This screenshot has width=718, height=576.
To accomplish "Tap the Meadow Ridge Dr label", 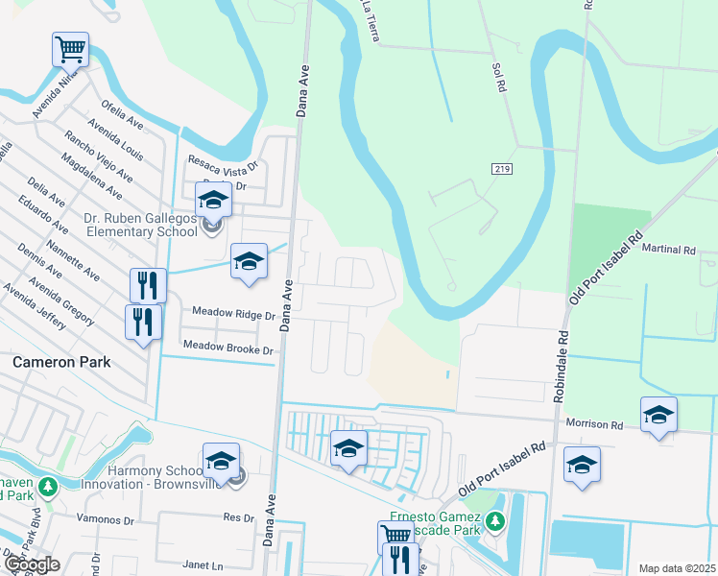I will (233, 313).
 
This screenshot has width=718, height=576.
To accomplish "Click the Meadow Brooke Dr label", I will (228, 350).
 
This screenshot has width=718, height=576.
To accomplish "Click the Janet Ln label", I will (228, 565).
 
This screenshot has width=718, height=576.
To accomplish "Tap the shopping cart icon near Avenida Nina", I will (70, 49).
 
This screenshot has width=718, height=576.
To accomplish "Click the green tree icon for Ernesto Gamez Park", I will (494, 522).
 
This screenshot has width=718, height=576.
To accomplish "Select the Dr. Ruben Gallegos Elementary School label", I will (141, 226).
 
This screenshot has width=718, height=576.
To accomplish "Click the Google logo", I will (31, 564).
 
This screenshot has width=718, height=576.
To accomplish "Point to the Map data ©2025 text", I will (676, 568).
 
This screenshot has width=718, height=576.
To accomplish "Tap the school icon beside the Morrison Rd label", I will (658, 415).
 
